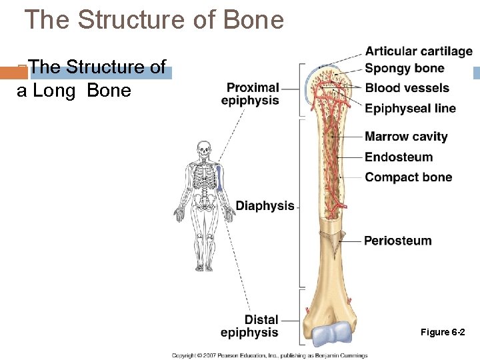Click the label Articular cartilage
(419, 51)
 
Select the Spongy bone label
(404, 68)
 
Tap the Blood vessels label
(407, 88)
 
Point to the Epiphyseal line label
(410, 108)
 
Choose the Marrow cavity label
(406, 137)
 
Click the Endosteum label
(399, 157)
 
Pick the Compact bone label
(408, 177)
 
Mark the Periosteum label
(397, 241)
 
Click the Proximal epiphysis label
(252, 94)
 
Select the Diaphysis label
(265, 206)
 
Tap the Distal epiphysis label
(250, 326)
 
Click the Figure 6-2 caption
(443, 332)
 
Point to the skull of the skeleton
(203, 151)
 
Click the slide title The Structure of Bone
(154, 20)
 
